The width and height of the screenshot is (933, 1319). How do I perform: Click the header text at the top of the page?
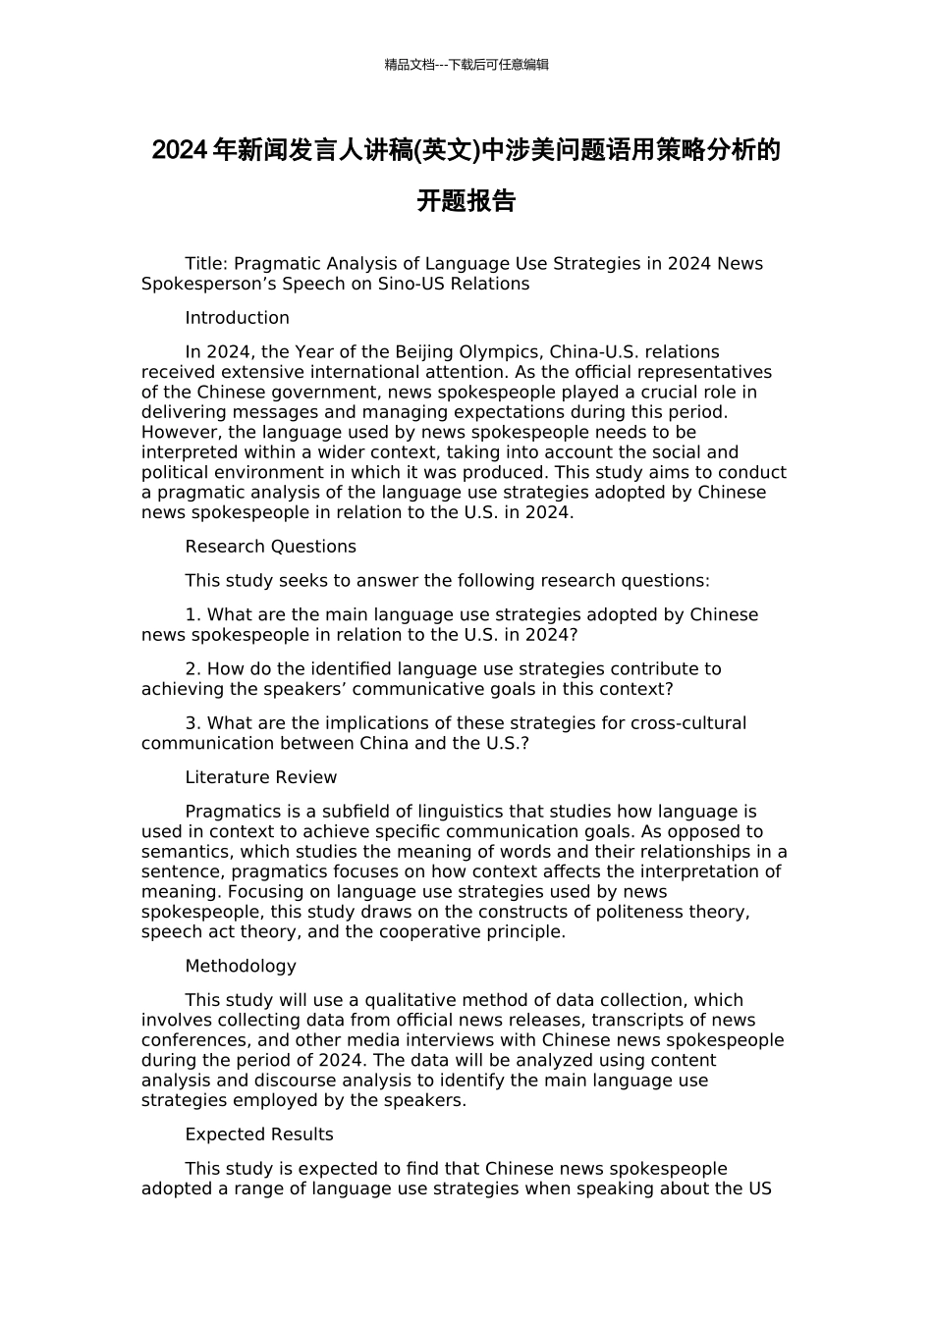pyautogui.click(x=466, y=65)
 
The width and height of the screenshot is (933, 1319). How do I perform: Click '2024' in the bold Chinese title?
pyautogui.click(x=180, y=151)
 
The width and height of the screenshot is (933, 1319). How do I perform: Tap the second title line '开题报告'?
pyautogui.click(x=466, y=201)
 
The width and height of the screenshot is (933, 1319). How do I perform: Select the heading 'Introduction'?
pyautogui.click(x=237, y=318)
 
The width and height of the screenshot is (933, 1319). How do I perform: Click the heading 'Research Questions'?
pyautogui.click(x=270, y=547)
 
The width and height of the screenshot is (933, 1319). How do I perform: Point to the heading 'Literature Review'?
pyautogui.click(x=260, y=777)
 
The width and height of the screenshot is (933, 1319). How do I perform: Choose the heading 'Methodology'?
pyautogui.click(x=241, y=966)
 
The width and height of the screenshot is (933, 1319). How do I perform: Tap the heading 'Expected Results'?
pyautogui.click(x=259, y=1134)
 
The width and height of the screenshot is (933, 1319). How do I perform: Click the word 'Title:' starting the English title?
pyautogui.click(x=206, y=264)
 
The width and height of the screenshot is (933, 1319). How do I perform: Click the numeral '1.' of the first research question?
pyautogui.click(x=193, y=615)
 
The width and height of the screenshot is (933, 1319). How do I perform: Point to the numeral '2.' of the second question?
pyautogui.click(x=193, y=669)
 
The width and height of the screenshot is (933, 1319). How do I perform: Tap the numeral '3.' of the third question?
pyautogui.click(x=193, y=723)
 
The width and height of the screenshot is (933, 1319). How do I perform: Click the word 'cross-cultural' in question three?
pyautogui.click(x=688, y=723)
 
